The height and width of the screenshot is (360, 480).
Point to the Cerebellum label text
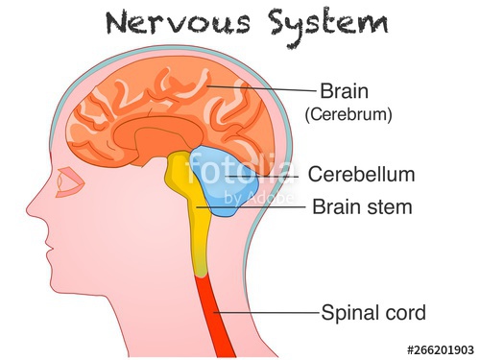point(361,175)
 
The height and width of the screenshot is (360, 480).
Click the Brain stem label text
point(362,206)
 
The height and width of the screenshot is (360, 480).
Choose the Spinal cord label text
point(373,313)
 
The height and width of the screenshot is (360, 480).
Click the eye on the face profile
point(67,183)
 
